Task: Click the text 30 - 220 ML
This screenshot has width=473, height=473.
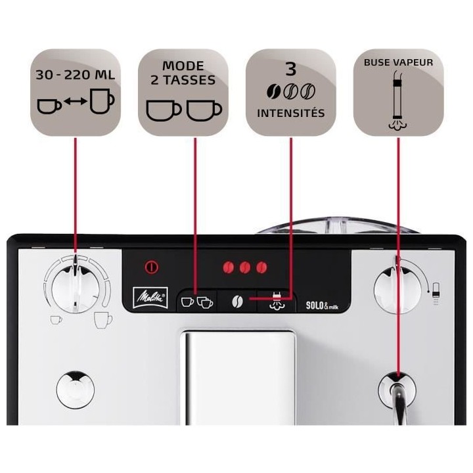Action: pyautogui.click(x=76, y=74)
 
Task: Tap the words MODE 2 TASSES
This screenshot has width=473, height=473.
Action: pyautogui.click(x=183, y=74)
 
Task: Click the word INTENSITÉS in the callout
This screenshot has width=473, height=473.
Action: pyautogui.click(x=290, y=112)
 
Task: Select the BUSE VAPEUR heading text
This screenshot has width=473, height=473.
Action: pyautogui.click(x=398, y=63)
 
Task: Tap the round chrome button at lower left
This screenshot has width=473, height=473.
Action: pyautogui.click(x=76, y=389)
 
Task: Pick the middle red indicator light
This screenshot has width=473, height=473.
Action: pyautogui.click(x=245, y=267)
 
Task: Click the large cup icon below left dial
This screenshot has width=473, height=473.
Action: pyautogui.click(x=103, y=320)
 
